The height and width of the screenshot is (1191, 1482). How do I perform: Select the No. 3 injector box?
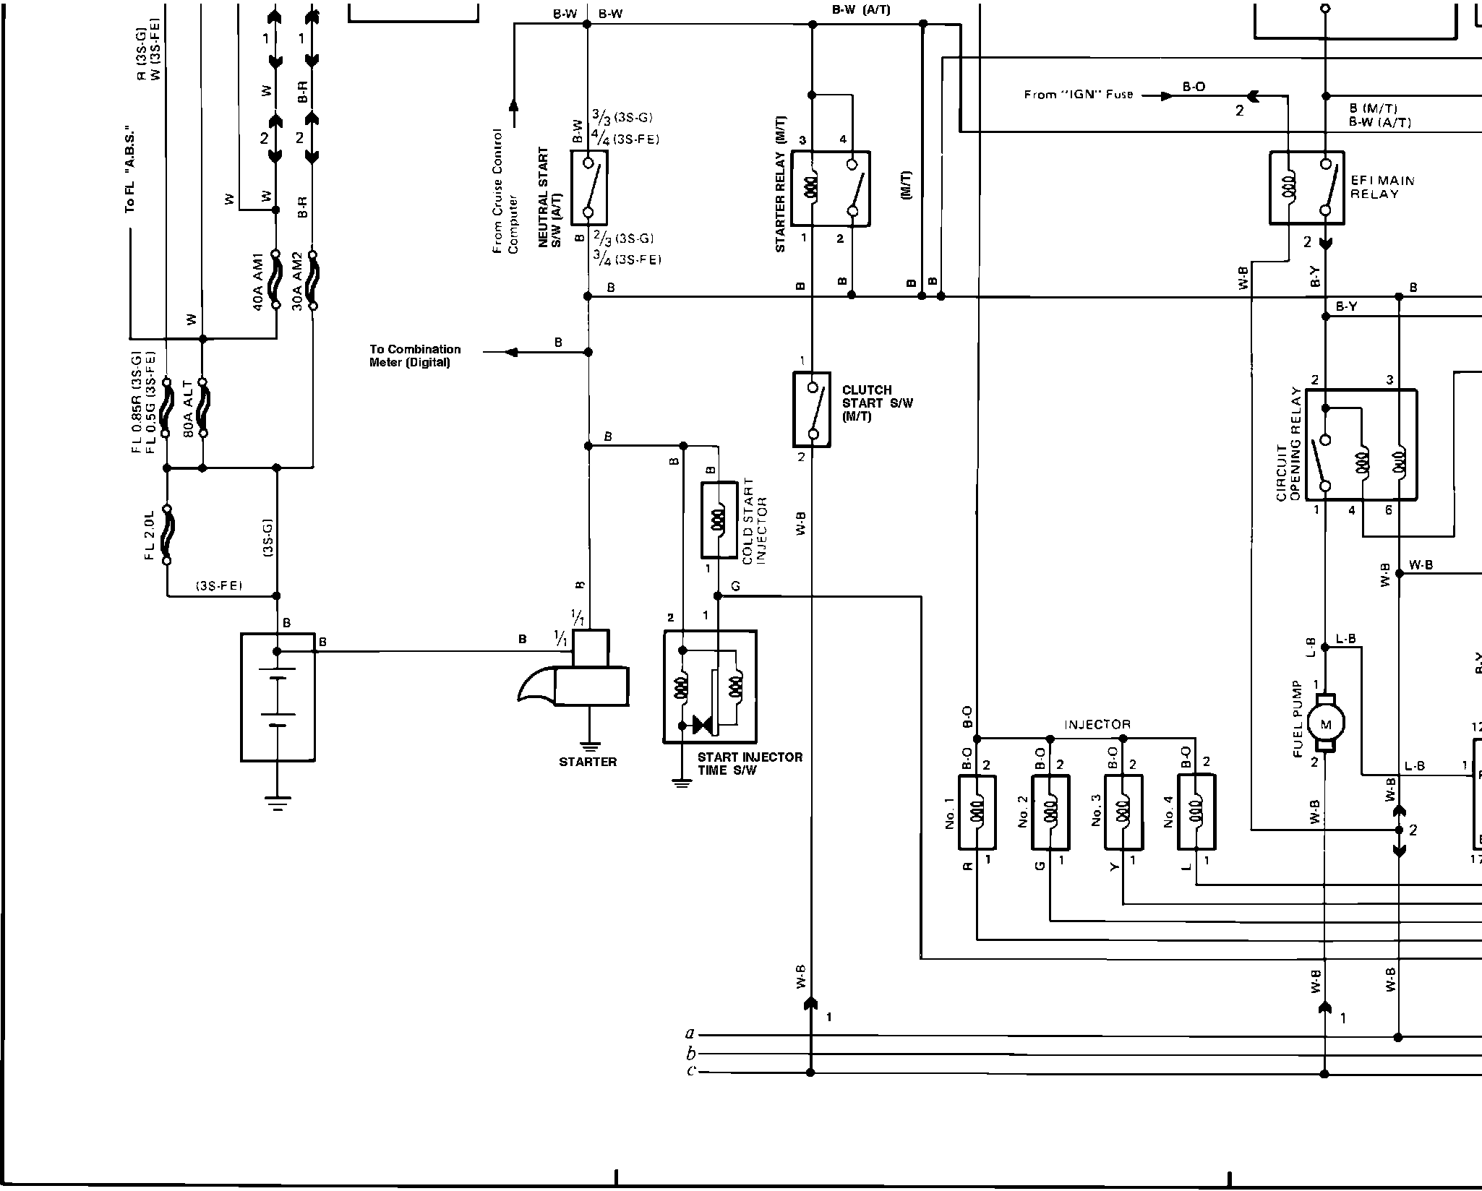(1123, 812)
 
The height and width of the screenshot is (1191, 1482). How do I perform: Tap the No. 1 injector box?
(977, 812)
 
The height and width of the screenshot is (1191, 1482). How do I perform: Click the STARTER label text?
(588, 762)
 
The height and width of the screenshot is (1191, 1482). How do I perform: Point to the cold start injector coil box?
(719, 520)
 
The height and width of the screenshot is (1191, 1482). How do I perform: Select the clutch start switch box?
(811, 409)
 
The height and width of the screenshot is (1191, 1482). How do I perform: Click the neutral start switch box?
(588, 188)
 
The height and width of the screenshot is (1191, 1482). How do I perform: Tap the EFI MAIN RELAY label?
(1382, 187)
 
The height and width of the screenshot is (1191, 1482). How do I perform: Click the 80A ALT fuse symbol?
(203, 408)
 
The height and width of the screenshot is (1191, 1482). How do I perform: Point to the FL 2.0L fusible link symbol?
(167, 535)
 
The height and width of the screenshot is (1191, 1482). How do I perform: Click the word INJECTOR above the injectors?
(1097, 724)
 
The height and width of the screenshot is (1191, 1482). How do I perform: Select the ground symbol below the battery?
(277, 803)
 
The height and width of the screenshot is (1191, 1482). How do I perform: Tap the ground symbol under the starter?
(590, 747)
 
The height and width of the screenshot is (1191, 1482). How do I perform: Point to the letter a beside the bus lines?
(690, 1033)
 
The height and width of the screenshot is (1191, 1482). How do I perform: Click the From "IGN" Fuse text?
(1078, 95)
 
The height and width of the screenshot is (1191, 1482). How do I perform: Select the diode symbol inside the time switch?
(702, 724)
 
